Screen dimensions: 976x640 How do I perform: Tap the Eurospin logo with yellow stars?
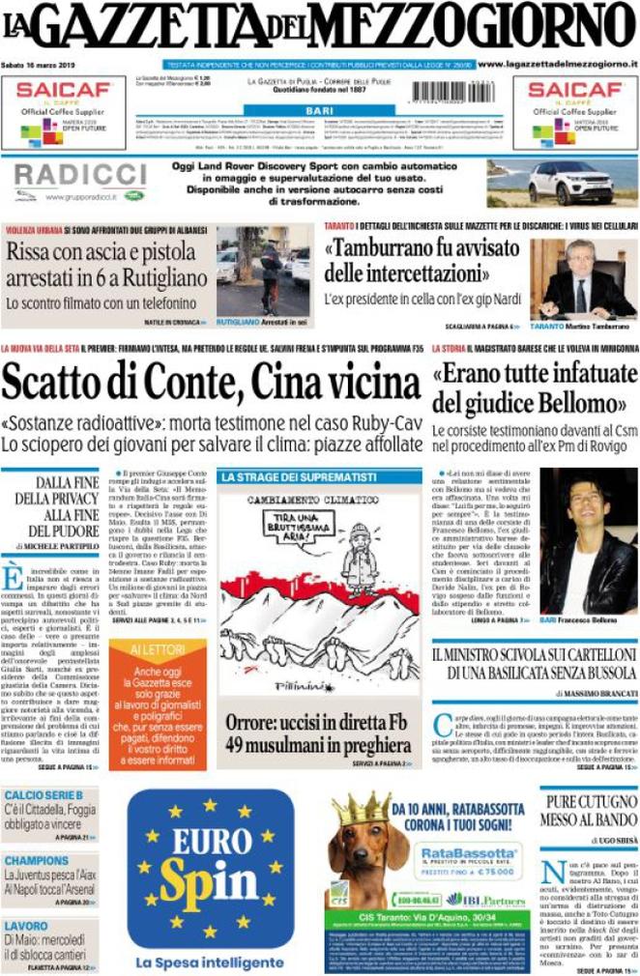tap(210, 866)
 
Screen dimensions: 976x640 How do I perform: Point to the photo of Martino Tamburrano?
tap(583, 278)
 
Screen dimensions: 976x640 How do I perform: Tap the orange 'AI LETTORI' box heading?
tap(157, 648)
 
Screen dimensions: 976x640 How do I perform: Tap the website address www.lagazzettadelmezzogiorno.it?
tap(557, 64)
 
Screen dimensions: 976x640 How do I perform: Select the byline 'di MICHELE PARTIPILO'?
tap(58, 547)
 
